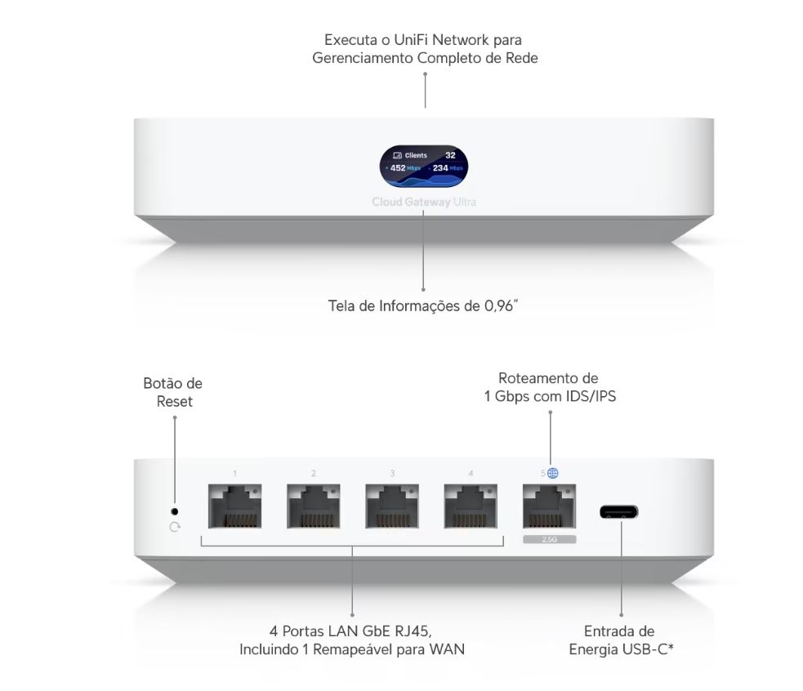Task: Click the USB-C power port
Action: click(x=618, y=512)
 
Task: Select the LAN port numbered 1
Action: click(x=234, y=506)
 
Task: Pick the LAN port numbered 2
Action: click(x=313, y=506)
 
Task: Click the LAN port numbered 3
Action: click(x=391, y=506)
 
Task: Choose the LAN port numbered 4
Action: click(x=471, y=506)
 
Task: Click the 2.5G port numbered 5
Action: click(x=549, y=506)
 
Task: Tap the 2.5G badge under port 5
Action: click(x=549, y=540)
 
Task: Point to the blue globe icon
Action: click(x=553, y=473)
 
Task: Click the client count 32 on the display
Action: click(x=450, y=154)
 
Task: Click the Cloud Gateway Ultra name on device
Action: click(x=423, y=202)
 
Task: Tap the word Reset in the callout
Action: click(x=175, y=401)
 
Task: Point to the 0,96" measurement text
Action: click(x=497, y=307)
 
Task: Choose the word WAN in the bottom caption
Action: click(x=448, y=649)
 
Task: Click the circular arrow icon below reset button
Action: click(x=175, y=527)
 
